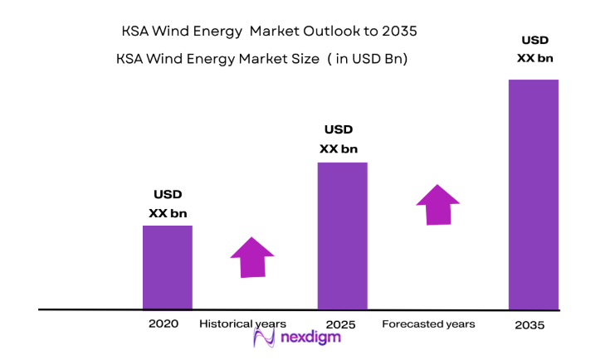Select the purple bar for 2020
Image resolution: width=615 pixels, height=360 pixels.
click(167, 267)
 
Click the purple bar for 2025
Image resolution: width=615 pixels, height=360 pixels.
click(342, 236)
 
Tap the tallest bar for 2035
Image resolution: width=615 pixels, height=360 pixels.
click(533, 194)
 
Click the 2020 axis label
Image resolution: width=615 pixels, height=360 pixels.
click(164, 324)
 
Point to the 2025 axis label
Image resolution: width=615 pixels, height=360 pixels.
click(340, 324)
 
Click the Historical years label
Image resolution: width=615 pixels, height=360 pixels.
click(242, 324)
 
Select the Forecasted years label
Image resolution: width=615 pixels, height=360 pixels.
click(428, 324)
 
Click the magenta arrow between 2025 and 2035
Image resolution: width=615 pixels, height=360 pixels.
click(437, 204)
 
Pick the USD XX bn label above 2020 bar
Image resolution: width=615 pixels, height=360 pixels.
click(168, 204)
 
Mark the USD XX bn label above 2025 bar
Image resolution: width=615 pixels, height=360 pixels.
click(339, 139)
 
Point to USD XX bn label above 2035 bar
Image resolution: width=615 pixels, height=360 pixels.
click(535, 49)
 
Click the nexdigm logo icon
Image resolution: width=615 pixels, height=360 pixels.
click(264, 338)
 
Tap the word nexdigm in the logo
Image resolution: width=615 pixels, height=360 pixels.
click(310, 338)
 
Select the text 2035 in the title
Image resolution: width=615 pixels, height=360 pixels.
click(398, 32)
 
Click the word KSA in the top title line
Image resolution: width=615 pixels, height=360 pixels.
click(136, 32)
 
